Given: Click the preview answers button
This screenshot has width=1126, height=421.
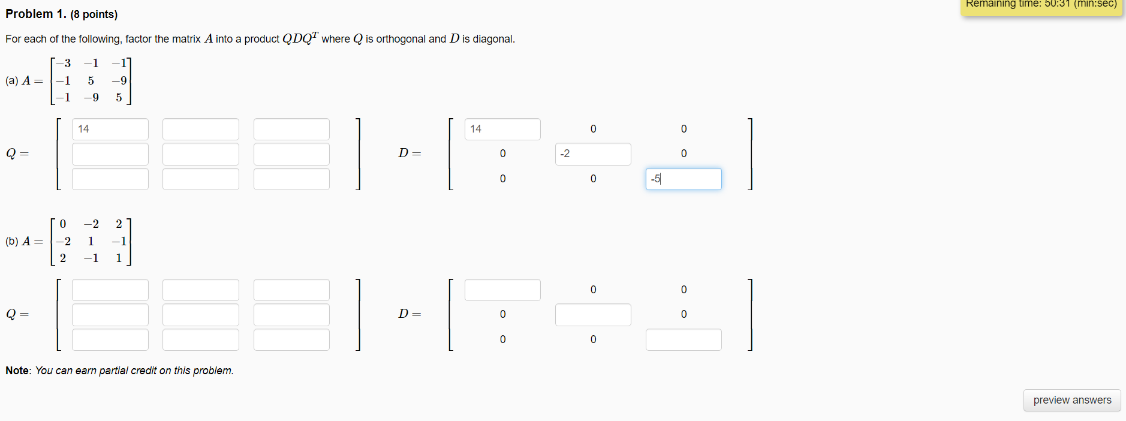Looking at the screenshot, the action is coord(1071,400).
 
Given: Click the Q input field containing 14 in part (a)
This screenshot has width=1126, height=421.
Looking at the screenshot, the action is coord(110,129).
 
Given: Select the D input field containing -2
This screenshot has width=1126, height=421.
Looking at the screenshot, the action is coord(593,154).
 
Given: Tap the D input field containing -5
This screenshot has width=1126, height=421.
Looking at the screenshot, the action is coord(684,179).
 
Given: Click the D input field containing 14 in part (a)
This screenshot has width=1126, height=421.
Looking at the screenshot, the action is coord(502,129).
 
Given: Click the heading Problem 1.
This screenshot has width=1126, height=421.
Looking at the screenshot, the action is coord(36,14).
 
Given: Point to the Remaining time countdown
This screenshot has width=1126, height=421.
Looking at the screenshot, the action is coord(1041,5).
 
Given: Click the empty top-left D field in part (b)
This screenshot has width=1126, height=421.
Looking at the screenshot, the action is coord(502,290).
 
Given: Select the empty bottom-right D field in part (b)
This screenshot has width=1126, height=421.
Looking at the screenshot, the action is coord(684,339).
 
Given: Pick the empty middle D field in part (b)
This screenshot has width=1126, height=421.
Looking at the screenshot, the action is coord(593,314).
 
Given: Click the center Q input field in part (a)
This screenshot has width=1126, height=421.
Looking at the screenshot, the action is coord(201,154).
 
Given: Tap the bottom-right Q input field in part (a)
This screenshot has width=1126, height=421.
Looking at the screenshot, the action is coord(291,179).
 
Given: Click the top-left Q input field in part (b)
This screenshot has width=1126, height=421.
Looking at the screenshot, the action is coord(110,290).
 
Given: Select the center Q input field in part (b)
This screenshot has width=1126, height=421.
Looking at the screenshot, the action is coord(201,314).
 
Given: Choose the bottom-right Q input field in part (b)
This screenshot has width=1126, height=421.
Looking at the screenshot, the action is coord(291,339).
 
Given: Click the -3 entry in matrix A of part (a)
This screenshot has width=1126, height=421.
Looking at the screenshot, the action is coord(64,63).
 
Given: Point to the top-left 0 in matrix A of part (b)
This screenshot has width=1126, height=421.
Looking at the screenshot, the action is coord(63,224).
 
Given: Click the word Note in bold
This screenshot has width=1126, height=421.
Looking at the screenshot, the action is coord(17,371).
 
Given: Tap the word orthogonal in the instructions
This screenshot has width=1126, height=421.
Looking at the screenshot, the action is coord(401,39).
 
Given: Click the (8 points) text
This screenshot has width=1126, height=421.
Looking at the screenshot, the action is coord(94,14).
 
